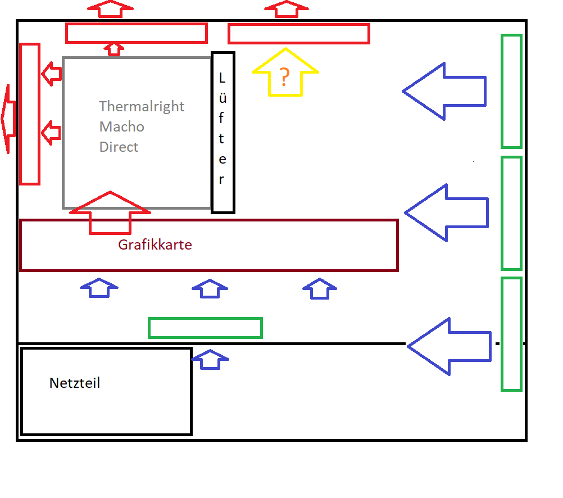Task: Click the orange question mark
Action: (x=284, y=78)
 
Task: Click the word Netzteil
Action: (x=75, y=383)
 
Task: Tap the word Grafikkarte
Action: (x=155, y=245)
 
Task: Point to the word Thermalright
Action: (x=142, y=106)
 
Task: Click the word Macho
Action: (x=122, y=126)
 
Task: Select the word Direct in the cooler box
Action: (x=119, y=147)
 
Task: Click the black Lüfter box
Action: (x=223, y=133)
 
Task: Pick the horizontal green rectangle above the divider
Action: (x=205, y=328)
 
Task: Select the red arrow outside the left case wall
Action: (x=7, y=119)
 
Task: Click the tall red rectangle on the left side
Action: (x=30, y=114)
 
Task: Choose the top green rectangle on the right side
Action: (x=511, y=91)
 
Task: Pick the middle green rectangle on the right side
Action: (x=511, y=213)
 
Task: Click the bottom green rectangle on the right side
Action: (x=511, y=334)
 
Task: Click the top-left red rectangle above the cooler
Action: (x=136, y=33)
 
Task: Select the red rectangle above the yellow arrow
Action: (x=298, y=34)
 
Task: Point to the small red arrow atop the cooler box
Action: (x=114, y=49)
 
